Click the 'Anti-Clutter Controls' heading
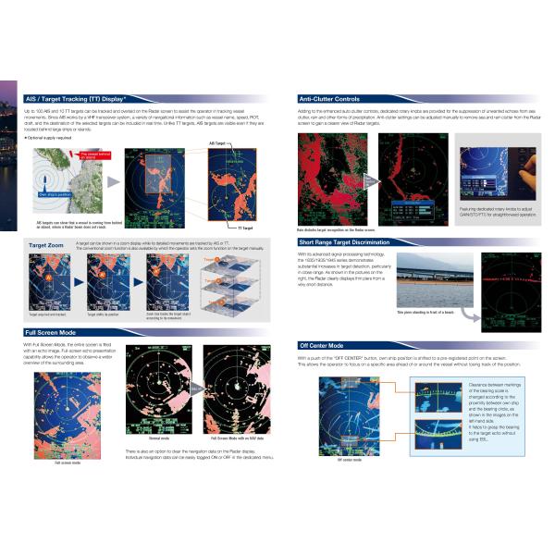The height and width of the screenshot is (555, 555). click(329, 97)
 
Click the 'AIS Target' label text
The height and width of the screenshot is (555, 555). click(218, 144)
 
